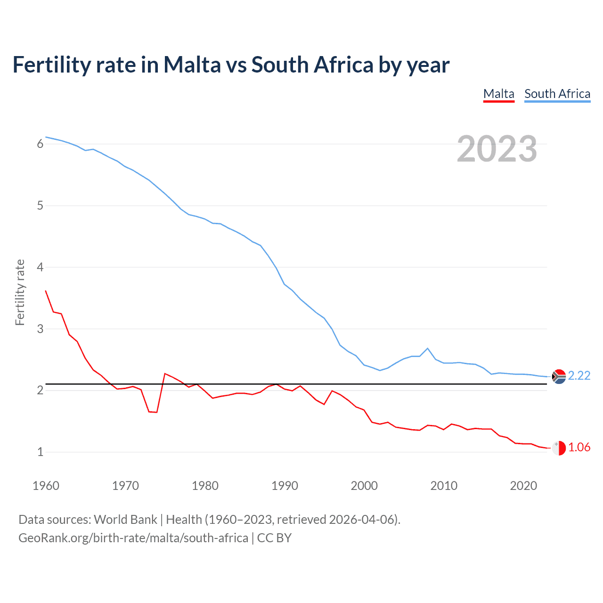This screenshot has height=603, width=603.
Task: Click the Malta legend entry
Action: coord(499,94)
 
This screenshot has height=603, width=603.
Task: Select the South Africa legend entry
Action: coord(557,94)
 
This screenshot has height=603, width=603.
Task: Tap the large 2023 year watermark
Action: coord(497,149)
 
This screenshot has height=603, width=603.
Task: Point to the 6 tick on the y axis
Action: coord(40,144)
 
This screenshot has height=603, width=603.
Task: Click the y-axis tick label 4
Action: coord(40,268)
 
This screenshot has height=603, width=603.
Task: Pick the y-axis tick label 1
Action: coord(40,452)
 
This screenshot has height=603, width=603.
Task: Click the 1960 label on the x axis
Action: coord(46,486)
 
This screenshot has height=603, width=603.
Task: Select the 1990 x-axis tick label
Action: coord(285,486)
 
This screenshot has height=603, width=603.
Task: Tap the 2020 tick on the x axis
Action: coord(523,486)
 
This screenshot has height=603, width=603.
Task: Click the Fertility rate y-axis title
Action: coord(20,292)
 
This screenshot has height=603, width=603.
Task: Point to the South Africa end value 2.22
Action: coord(579,375)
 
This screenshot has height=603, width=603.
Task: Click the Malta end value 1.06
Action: coord(579,447)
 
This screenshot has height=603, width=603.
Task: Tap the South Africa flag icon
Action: coord(559,377)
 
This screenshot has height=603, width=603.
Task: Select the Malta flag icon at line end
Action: coord(559,448)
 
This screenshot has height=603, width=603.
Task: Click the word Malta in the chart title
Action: coord(192,65)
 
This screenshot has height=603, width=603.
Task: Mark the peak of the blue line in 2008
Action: coord(428,349)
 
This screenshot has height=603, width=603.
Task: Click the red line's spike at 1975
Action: coord(165,374)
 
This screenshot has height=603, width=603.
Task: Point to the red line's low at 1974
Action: coord(157,412)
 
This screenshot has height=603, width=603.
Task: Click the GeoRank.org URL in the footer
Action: coord(133,538)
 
